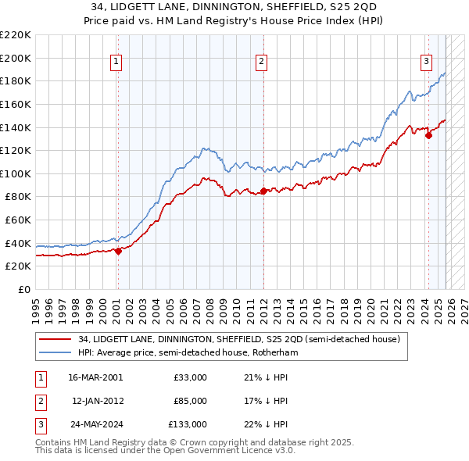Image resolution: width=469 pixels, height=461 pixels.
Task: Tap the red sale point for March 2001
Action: click(x=118, y=251)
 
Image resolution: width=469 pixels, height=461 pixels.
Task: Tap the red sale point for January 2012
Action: click(x=263, y=191)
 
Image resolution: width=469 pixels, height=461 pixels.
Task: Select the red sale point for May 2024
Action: click(x=428, y=135)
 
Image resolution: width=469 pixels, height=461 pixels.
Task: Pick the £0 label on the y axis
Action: click(x=23, y=289)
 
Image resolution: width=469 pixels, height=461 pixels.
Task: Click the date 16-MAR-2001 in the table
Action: click(x=95, y=377)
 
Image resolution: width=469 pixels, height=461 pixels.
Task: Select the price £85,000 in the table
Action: click(x=190, y=401)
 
